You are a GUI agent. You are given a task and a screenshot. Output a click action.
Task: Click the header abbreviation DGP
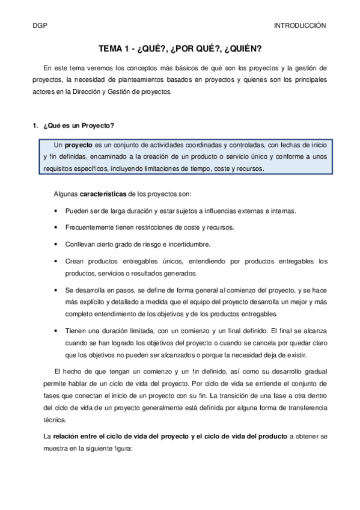tap(40, 26)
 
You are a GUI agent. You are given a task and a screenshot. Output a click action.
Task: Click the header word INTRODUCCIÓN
tap(299, 26)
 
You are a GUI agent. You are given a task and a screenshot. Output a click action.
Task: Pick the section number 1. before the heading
tap(35, 125)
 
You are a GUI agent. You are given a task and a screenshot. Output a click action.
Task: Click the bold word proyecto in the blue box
tap(78, 145)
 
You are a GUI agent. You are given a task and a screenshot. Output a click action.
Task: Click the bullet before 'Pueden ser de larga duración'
tap(56, 211)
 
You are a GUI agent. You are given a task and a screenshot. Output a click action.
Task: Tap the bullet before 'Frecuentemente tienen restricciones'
tap(56, 228)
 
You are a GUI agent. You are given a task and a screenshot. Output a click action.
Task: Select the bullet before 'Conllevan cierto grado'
tap(56, 245)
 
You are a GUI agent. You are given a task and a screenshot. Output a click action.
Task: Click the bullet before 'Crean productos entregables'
tap(56, 262)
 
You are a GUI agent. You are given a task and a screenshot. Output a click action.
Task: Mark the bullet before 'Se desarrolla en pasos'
tap(56, 290)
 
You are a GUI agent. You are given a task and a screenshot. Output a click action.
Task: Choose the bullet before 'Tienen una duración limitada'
tap(56, 331)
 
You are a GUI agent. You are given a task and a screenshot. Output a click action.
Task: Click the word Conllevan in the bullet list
tap(81, 245)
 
